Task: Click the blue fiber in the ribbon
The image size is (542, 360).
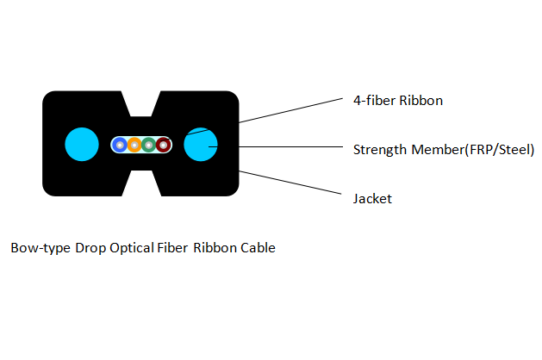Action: pos(120,145)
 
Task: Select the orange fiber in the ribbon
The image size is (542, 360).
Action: pos(134,145)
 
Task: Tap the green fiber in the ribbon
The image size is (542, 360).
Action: pos(148,145)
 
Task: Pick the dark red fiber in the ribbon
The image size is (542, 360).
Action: pos(162,145)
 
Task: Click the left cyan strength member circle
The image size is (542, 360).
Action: pos(83,144)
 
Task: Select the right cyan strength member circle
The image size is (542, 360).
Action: pos(202,144)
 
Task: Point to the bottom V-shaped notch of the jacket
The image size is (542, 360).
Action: pos(141,184)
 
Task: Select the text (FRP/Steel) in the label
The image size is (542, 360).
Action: pos(499,150)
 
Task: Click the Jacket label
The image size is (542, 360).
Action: pos(372,199)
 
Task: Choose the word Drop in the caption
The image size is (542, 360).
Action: pos(90,248)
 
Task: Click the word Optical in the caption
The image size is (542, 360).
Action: pos(131,248)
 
